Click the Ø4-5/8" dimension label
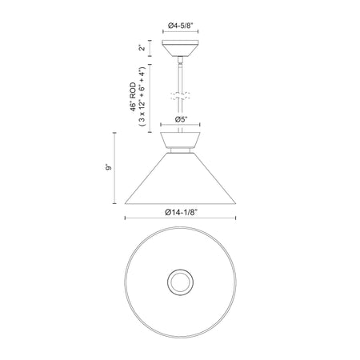180,26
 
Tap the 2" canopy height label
142,47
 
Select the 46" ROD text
133,97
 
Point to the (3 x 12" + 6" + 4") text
142,96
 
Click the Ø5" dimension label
180,119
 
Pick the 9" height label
108,167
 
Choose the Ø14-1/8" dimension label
181,212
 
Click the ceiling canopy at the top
180,48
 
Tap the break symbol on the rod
180,96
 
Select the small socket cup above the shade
180,140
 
